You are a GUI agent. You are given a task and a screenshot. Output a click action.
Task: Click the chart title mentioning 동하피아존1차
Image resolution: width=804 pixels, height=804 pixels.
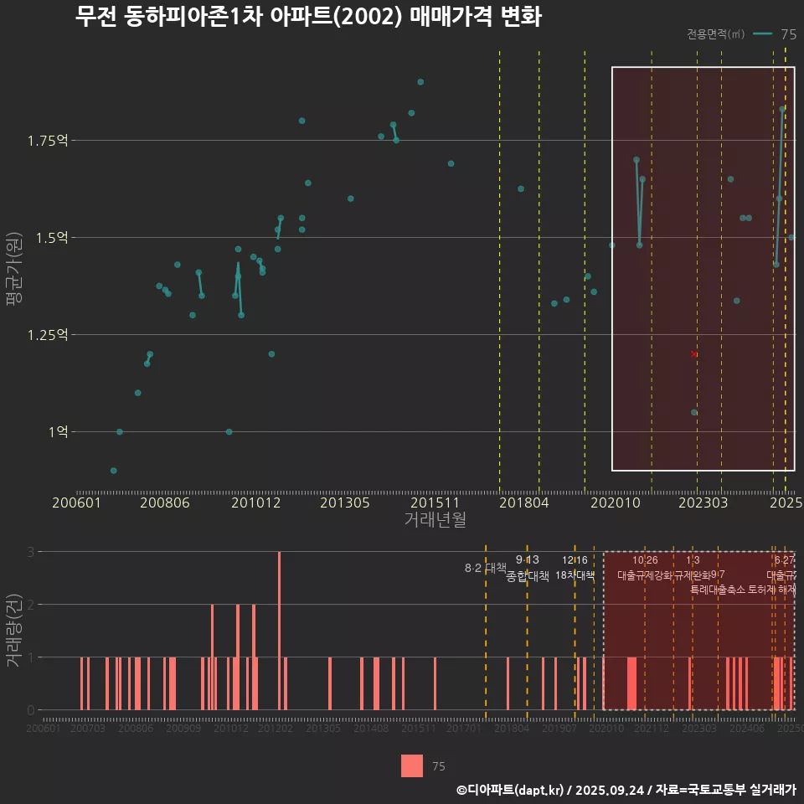[308, 18]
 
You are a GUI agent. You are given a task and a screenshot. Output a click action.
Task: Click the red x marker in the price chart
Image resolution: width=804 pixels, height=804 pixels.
[693, 354]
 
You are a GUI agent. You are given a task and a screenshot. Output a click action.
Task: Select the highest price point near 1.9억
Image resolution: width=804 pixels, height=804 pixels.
[420, 82]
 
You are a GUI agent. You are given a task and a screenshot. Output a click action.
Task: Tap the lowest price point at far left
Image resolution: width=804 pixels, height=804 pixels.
[114, 471]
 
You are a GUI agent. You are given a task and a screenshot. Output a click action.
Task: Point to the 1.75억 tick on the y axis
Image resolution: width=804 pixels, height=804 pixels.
[48, 140]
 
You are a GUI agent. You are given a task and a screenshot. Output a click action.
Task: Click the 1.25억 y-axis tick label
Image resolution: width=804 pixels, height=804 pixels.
[48, 335]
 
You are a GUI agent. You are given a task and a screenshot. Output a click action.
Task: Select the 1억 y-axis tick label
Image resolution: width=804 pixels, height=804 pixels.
[57, 432]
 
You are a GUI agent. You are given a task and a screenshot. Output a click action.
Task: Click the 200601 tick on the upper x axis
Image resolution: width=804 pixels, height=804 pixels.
[76, 502]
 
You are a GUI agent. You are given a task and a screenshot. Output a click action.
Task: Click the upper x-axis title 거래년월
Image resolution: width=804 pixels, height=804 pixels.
[435, 520]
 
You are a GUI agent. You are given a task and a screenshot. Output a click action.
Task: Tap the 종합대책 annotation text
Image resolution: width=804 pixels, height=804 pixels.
[528, 576]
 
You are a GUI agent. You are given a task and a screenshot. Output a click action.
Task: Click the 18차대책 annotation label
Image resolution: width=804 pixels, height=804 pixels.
[575, 575]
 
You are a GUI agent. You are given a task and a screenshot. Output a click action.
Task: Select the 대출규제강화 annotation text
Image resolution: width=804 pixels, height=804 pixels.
[644, 575]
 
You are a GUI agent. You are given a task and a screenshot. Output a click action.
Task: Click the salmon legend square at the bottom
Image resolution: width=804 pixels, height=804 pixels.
[412, 765]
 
